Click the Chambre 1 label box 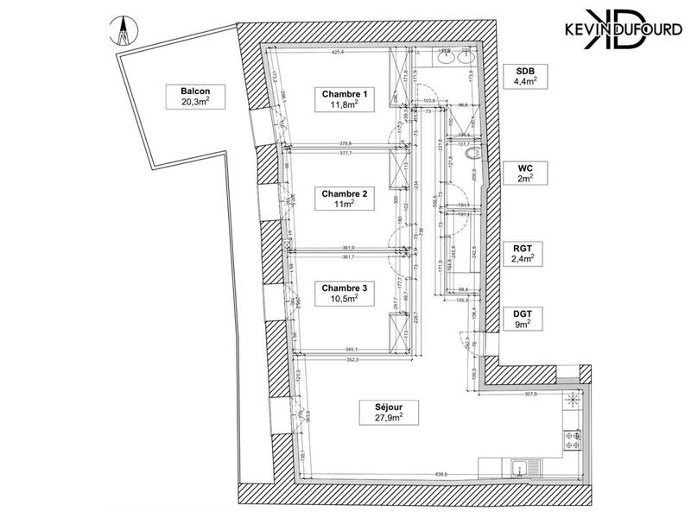345,99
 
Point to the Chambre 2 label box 345,200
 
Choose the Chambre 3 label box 345,293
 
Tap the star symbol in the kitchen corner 571,400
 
